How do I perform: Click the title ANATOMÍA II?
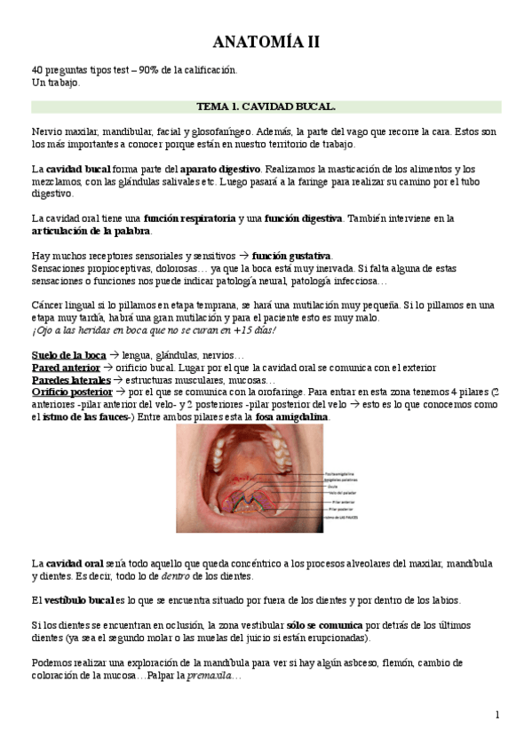pyautogui.click(x=266, y=42)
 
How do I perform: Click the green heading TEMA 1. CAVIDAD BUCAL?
pyautogui.click(x=266, y=107)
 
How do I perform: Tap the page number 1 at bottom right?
pyautogui.click(x=497, y=715)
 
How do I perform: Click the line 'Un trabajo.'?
pyautogui.click(x=55, y=82)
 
